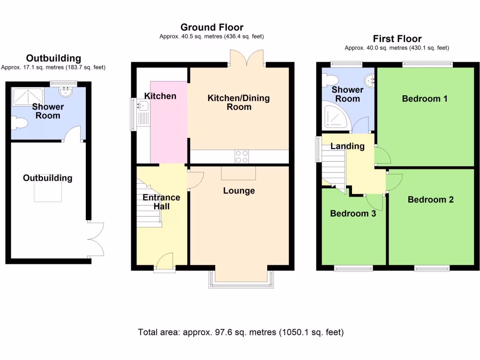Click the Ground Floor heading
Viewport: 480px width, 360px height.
pos(212,27)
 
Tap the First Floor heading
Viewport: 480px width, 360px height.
pos(397,39)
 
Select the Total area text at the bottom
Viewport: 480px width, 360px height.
pos(240,332)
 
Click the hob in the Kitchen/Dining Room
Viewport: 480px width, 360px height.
pos(241,157)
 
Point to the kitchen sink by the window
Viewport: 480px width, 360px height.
pos(142,106)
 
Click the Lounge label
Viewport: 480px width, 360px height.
pos(239,191)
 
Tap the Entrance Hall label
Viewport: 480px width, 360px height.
pos(161,202)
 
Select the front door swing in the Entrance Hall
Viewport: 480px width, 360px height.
pos(165,260)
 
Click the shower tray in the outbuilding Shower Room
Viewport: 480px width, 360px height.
pos(28,96)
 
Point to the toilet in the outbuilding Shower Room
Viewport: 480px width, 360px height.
pos(19,123)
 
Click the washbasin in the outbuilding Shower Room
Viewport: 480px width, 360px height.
pos(65,91)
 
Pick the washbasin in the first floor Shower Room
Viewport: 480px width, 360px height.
pos(369,81)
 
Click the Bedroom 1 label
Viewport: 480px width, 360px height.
pos(425,98)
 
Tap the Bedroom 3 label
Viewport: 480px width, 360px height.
pos(353,213)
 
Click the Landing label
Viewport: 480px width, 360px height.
pos(347,146)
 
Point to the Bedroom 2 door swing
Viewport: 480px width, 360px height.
pos(394,182)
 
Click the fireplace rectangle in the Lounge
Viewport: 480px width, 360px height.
pos(239,173)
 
